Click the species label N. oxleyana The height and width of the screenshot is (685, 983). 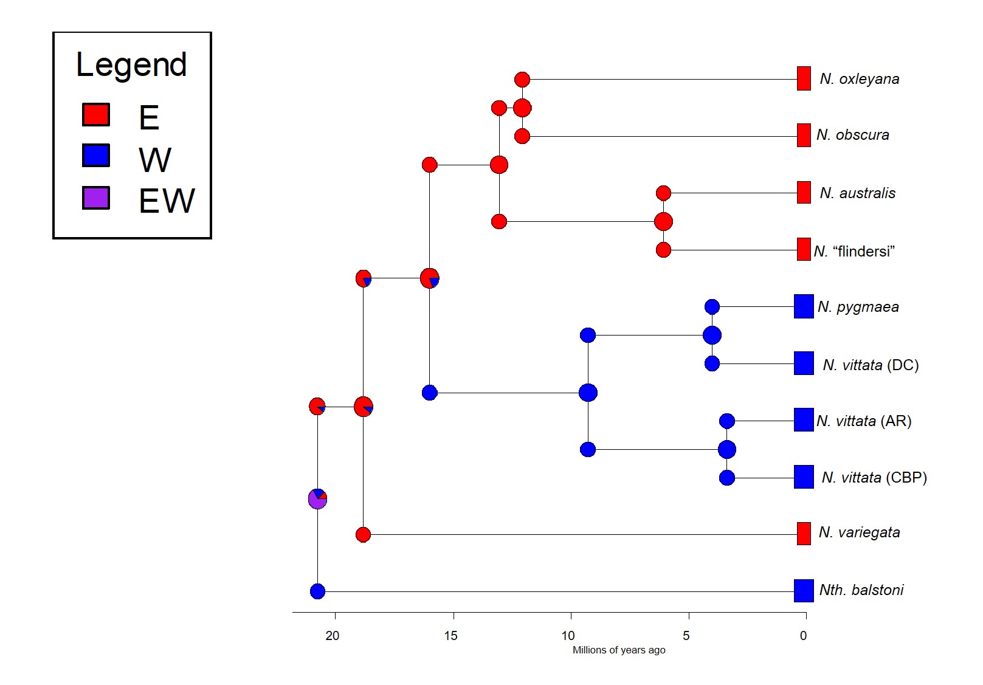pyautogui.click(x=859, y=79)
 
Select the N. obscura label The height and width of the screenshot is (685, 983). pyautogui.click(x=852, y=135)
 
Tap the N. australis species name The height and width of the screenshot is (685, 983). pyautogui.click(x=857, y=193)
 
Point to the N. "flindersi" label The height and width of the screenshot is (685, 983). pyautogui.click(x=854, y=251)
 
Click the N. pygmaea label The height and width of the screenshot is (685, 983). pyautogui.click(x=858, y=307)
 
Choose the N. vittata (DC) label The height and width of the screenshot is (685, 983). pyautogui.click(x=871, y=365)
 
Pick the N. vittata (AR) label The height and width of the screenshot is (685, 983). pyautogui.click(x=864, y=421)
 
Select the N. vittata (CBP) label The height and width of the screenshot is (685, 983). pyautogui.click(x=874, y=478)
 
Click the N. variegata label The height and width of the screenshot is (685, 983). pyautogui.click(x=859, y=532)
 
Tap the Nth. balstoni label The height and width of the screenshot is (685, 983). pyautogui.click(x=861, y=590)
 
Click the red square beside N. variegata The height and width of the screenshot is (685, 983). pyautogui.click(x=804, y=533)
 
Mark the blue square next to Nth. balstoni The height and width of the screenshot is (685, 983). pyautogui.click(x=804, y=590)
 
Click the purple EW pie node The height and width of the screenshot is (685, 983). pyautogui.click(x=317, y=499)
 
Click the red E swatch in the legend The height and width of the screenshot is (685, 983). pyautogui.click(x=96, y=114)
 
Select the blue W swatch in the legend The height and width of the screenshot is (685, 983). pyautogui.click(x=96, y=155)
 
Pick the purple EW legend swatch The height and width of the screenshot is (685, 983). pyautogui.click(x=96, y=198)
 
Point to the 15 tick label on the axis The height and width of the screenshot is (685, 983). pyautogui.click(x=450, y=636)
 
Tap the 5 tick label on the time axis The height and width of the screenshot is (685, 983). pyautogui.click(x=686, y=636)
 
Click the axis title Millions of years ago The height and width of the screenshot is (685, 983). pyautogui.click(x=619, y=650)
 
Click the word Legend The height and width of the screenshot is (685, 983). pyautogui.click(x=131, y=66)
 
